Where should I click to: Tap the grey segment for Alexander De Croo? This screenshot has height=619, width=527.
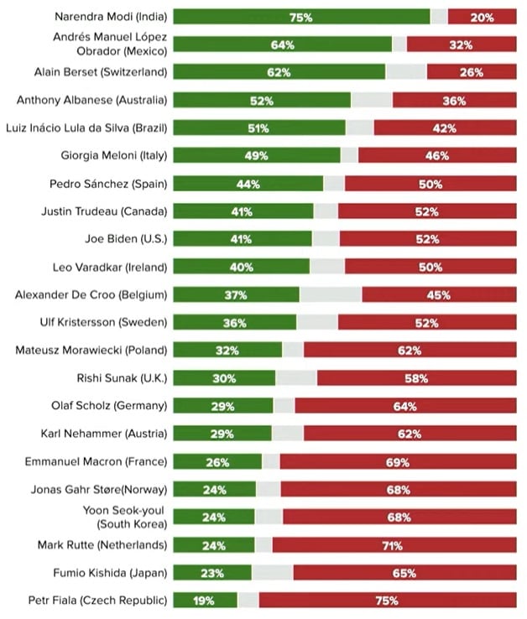coord(331,295)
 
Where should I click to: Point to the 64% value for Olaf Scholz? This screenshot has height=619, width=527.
coord(404,406)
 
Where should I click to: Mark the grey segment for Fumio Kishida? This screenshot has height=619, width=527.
coord(272,573)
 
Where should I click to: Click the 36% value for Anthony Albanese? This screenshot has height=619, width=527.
coord(454,101)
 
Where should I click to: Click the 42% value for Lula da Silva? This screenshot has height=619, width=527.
coord(444,128)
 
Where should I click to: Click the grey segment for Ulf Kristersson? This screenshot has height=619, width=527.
coord(317,323)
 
